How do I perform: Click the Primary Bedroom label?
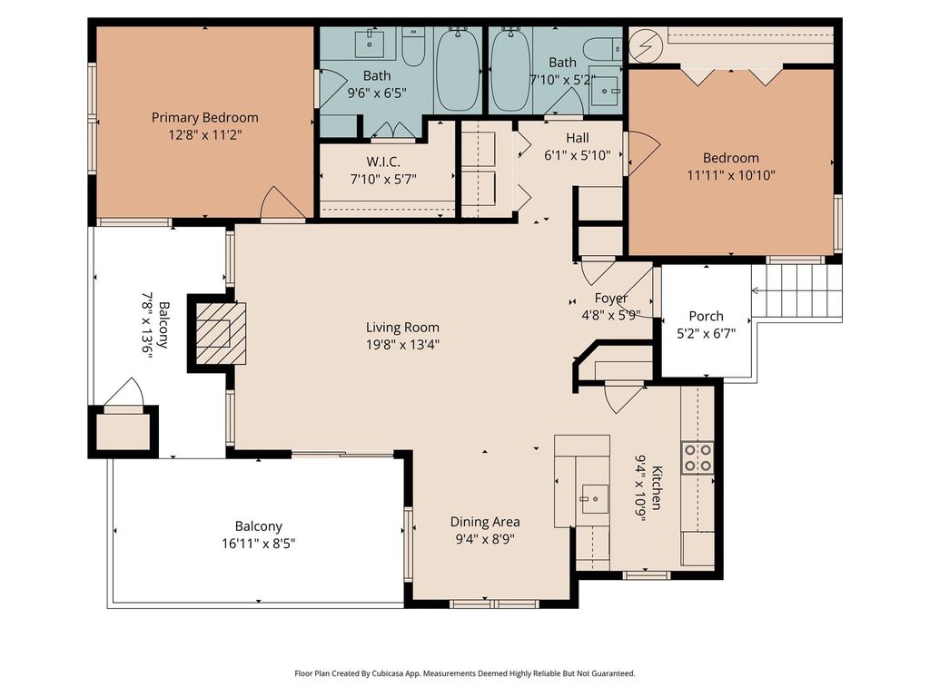204,117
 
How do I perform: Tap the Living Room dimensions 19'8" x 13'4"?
402,344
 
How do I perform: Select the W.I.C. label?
383,162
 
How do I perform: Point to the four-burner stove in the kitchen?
697,457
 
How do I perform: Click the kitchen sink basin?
594,498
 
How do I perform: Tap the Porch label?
706,316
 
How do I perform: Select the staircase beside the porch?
796,290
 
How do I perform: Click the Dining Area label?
485,522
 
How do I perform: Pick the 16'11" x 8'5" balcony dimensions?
259,544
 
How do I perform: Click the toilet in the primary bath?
413,46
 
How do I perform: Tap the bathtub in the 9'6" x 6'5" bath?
458,69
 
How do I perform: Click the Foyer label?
611,298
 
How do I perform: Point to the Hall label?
577,138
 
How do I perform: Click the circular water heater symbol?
643,44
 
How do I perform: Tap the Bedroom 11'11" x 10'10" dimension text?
731,175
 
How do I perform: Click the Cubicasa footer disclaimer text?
465,673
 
